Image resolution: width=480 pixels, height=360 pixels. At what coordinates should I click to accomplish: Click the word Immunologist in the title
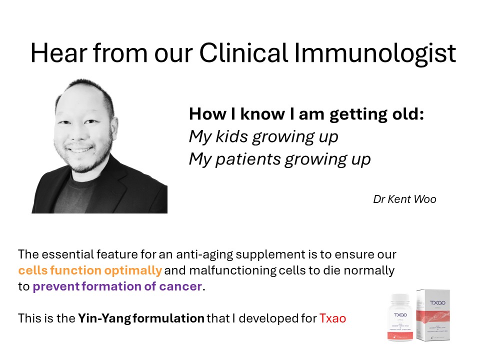point(374,53)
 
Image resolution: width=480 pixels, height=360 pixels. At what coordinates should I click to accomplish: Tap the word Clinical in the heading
point(243,52)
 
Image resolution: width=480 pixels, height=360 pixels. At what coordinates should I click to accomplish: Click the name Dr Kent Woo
point(404,199)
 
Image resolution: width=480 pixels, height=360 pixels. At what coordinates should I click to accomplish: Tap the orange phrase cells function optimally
point(89,270)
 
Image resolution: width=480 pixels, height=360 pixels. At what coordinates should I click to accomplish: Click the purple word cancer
point(180,286)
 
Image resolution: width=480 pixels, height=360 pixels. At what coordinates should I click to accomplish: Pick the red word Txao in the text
point(332,318)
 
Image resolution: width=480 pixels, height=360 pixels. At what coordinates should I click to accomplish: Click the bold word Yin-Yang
point(104,318)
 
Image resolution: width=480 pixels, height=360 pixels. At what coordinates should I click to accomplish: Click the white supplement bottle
point(400,317)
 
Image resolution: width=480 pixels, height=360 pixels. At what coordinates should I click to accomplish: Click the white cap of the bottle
point(400,298)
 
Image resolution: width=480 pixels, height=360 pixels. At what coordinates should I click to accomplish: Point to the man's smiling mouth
point(79,149)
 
